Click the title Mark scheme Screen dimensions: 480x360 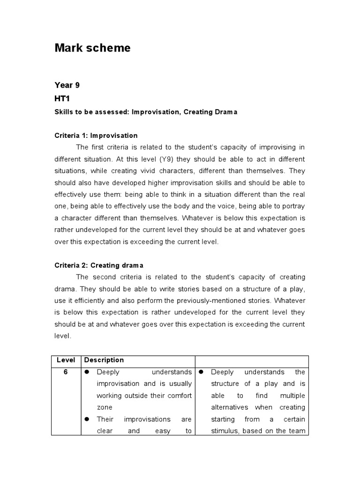tap(92, 48)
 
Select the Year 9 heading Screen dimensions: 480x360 tap(64, 85)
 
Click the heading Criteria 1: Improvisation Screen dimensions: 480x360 tap(96, 135)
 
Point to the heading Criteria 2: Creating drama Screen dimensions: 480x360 tap(99, 265)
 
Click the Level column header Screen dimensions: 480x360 tap(66, 360)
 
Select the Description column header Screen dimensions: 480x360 tap(105, 360)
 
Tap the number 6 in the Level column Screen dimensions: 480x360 tap(66, 372)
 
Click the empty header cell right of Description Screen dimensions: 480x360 tap(252, 360)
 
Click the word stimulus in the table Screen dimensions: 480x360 tap(227, 431)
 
